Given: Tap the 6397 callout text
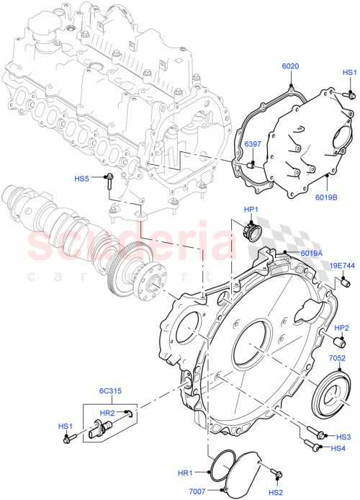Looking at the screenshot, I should (x=252, y=144).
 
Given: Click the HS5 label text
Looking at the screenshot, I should (x=83, y=178).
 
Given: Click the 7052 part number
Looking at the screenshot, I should (x=338, y=358).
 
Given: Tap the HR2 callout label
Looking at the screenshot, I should (x=107, y=413).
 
